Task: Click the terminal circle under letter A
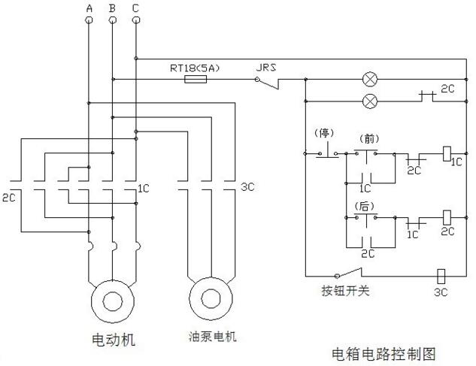(x=89, y=20)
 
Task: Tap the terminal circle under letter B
(x=112, y=20)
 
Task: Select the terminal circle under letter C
(x=136, y=20)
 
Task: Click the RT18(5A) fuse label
(x=195, y=68)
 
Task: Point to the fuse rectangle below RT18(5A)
(x=196, y=80)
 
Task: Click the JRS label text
(x=266, y=68)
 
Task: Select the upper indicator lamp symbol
(x=371, y=80)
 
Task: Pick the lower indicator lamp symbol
(x=371, y=101)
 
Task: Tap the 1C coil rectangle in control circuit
(x=447, y=153)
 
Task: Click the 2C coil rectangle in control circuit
(x=447, y=218)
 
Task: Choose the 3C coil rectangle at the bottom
(x=441, y=276)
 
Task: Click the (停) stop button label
(x=324, y=133)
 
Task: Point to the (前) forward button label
(x=369, y=139)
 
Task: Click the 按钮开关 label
(x=345, y=291)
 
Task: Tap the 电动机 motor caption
(x=114, y=339)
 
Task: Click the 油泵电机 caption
(x=212, y=337)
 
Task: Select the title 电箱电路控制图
(x=384, y=354)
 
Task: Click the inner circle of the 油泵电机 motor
(x=211, y=298)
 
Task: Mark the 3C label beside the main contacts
(x=247, y=187)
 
